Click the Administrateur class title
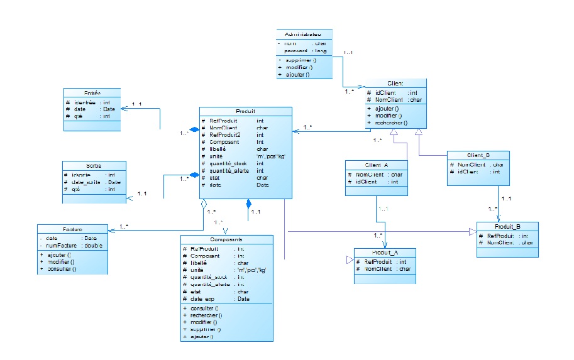click(304, 34)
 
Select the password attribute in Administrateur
click(297, 50)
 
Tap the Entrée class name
click(92, 92)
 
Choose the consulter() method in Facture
click(61, 269)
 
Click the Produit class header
click(245, 111)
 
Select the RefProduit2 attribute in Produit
click(225, 135)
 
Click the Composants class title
click(226, 239)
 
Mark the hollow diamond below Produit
click(202, 204)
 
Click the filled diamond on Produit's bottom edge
click(248, 204)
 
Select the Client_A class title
click(377, 165)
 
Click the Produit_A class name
click(385, 252)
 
